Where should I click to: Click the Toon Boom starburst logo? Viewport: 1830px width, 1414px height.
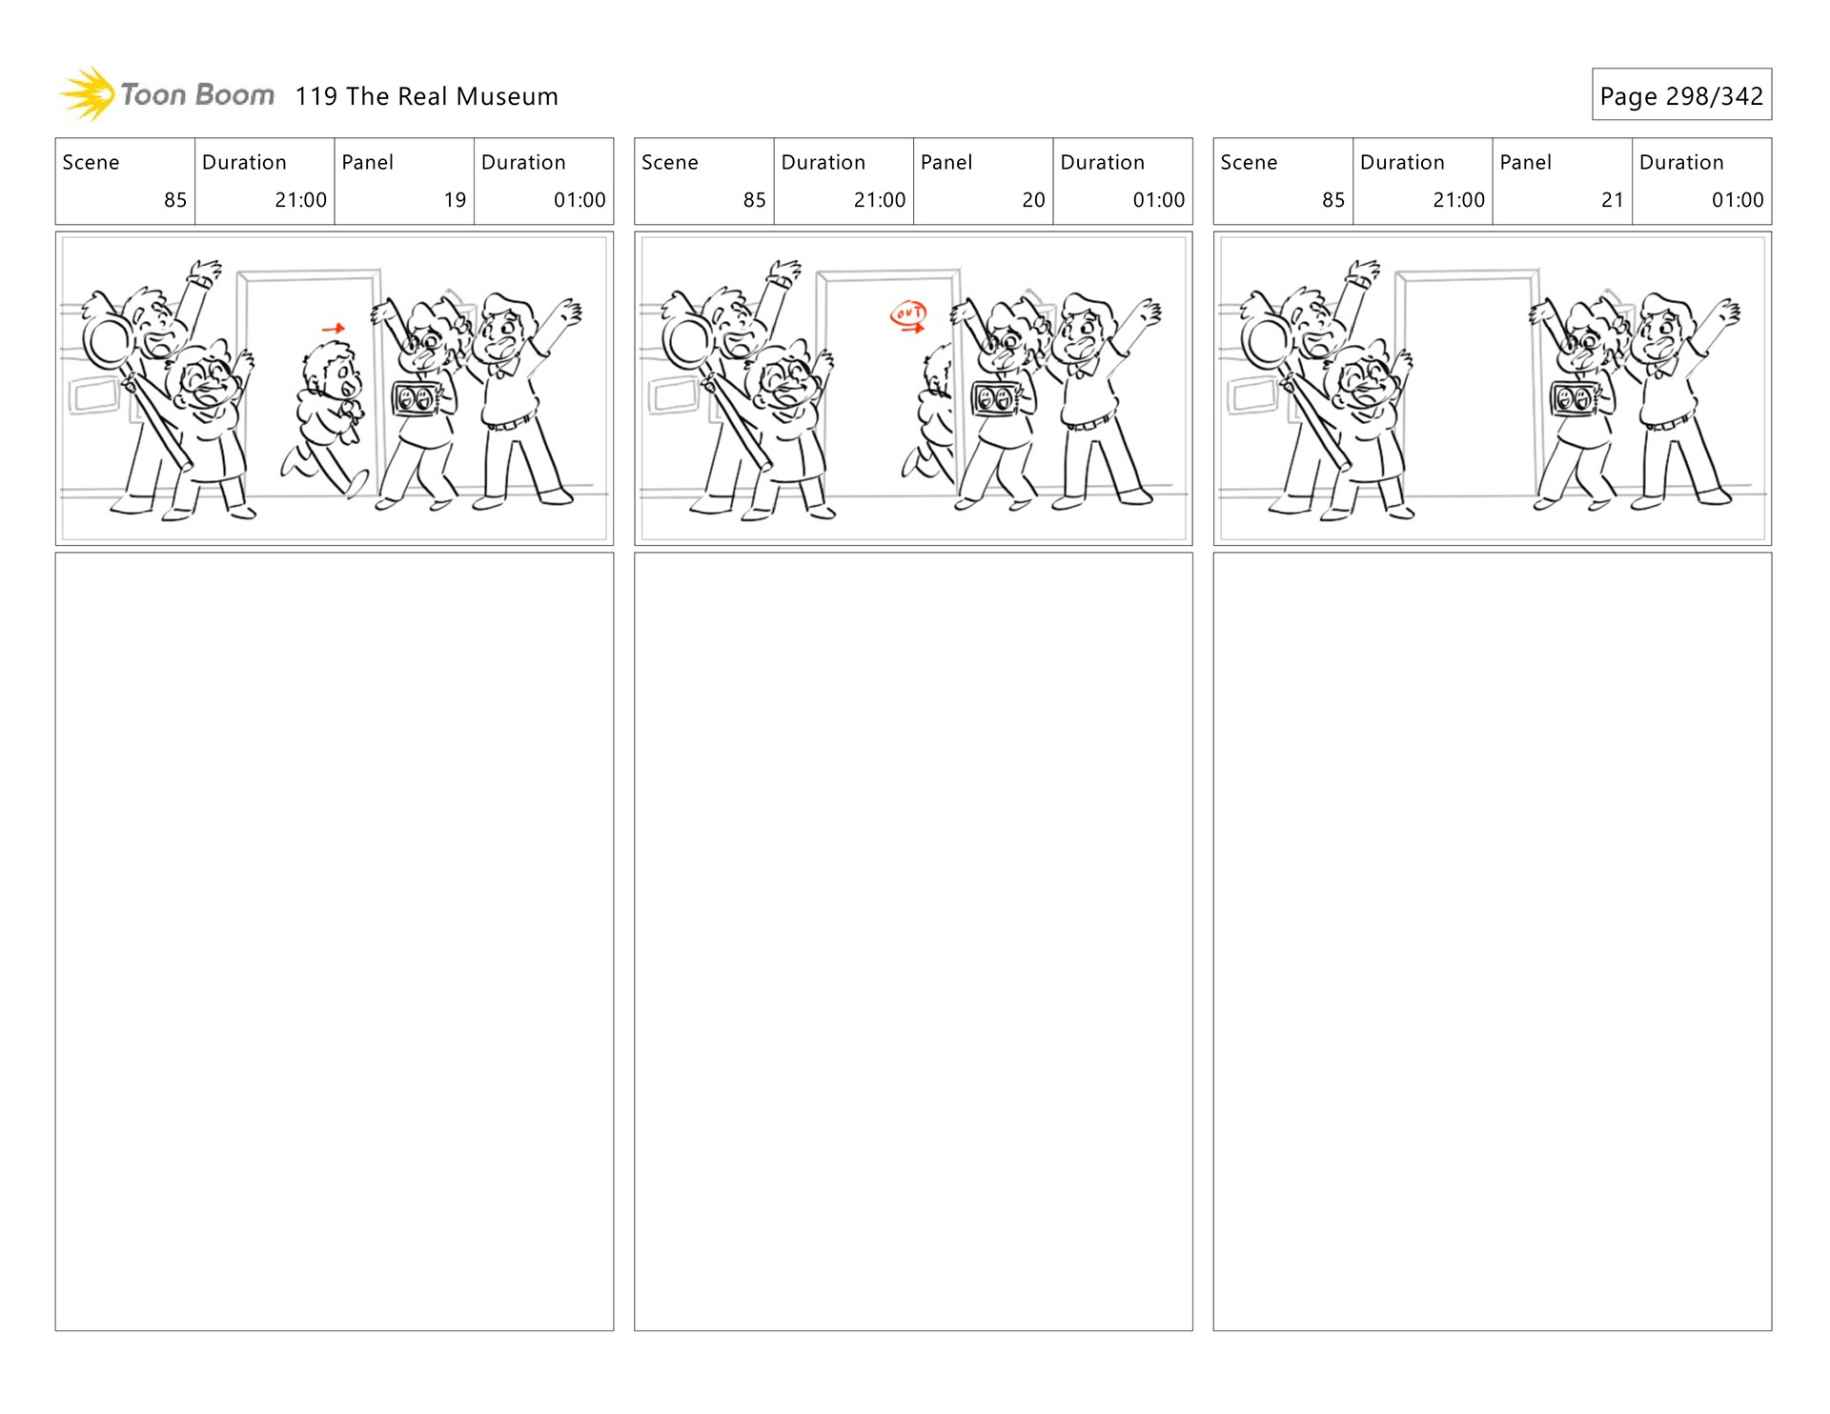[87, 94]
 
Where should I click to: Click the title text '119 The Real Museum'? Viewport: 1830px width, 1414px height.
[426, 96]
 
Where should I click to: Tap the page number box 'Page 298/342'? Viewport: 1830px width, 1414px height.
[1681, 94]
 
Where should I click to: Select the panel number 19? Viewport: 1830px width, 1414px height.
[455, 200]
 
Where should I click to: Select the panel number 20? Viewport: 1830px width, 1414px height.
[1033, 200]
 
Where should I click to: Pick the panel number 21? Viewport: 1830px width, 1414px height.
[1612, 200]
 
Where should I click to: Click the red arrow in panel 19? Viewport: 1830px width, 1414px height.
[333, 329]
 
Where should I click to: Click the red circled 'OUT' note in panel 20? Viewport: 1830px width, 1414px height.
[907, 315]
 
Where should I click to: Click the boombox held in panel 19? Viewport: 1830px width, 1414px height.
[417, 398]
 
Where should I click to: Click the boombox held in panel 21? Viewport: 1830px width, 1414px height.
[1575, 398]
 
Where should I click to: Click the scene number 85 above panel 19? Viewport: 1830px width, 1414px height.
[175, 200]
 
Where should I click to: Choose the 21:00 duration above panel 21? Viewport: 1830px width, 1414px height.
[1458, 200]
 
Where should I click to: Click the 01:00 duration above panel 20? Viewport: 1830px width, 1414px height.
[1158, 200]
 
